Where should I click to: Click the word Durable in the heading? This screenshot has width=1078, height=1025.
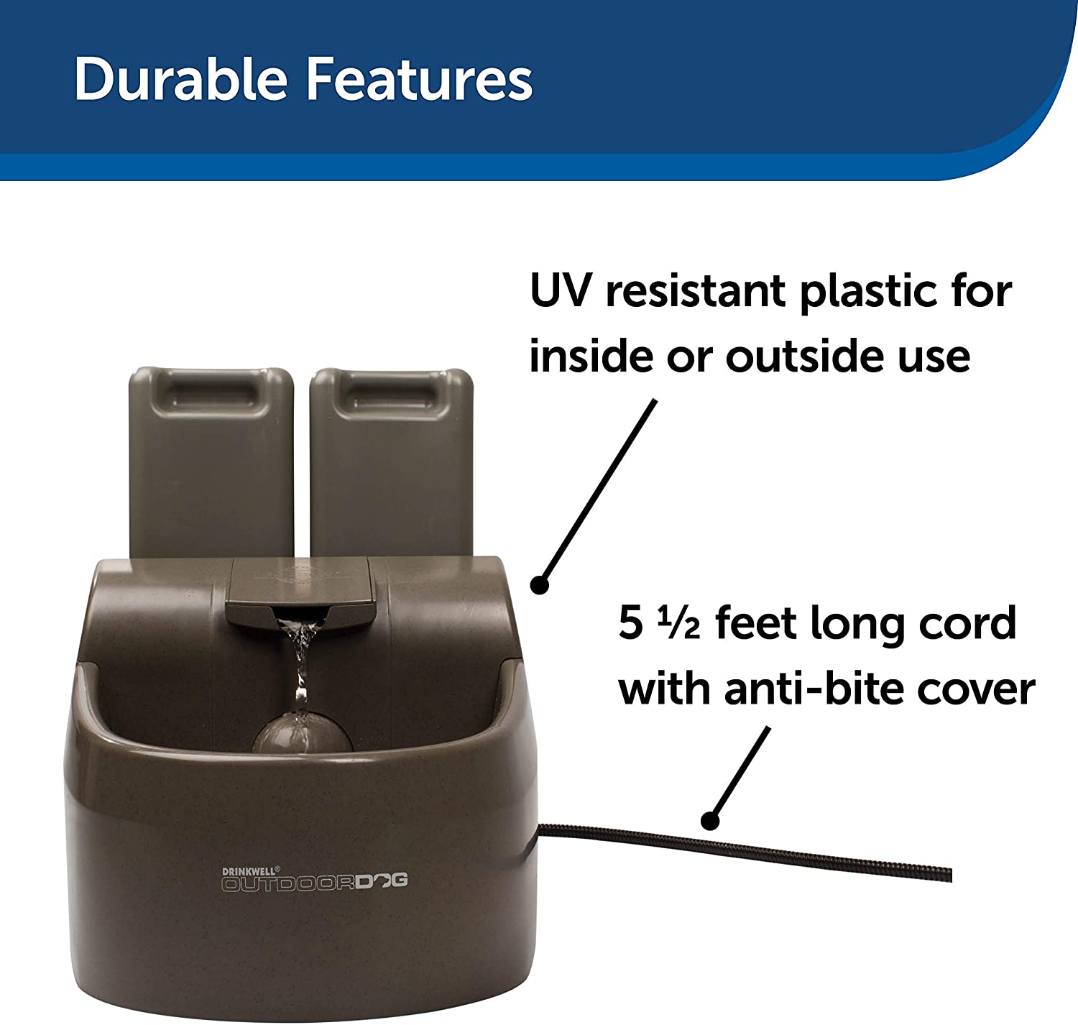pos(181,79)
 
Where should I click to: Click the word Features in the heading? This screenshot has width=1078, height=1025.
pos(420,79)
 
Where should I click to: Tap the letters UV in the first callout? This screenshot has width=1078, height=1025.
pos(561,290)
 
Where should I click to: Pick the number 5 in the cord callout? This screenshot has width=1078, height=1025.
pos(630,623)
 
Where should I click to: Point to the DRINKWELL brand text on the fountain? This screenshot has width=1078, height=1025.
pos(251,870)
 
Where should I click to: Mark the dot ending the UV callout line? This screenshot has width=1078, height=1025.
pos(540,585)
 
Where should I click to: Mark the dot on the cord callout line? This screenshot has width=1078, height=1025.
pos(710,820)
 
